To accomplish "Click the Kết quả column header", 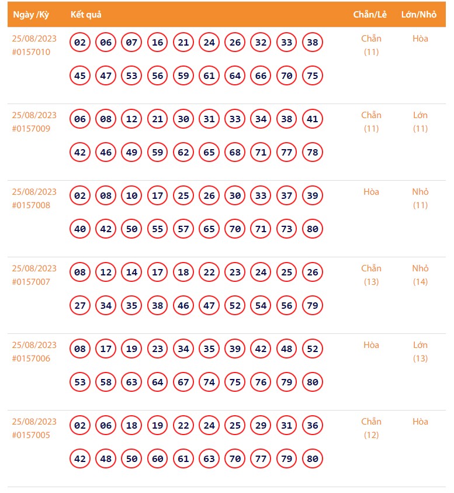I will point(86,15).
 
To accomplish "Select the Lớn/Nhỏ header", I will point(419,15).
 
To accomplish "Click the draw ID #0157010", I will point(31,52).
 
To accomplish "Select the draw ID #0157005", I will point(31,435).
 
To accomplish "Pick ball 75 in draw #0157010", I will point(313,76).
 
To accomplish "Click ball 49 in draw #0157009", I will point(131,153).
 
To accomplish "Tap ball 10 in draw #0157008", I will point(131,196).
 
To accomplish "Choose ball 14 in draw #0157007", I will point(131,273).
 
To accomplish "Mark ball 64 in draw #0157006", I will point(157,382).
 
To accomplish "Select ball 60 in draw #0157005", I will point(157,459).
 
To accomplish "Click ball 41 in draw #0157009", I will point(313,119).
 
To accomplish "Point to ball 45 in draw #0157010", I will point(80,76).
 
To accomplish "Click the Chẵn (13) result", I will point(371,275).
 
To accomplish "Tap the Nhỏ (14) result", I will point(420,275).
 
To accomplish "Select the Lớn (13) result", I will point(420,351).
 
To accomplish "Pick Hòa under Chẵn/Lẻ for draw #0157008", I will point(371,192).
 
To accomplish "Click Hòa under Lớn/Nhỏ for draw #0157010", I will point(420,39).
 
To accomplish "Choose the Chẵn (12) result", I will point(371,428).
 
